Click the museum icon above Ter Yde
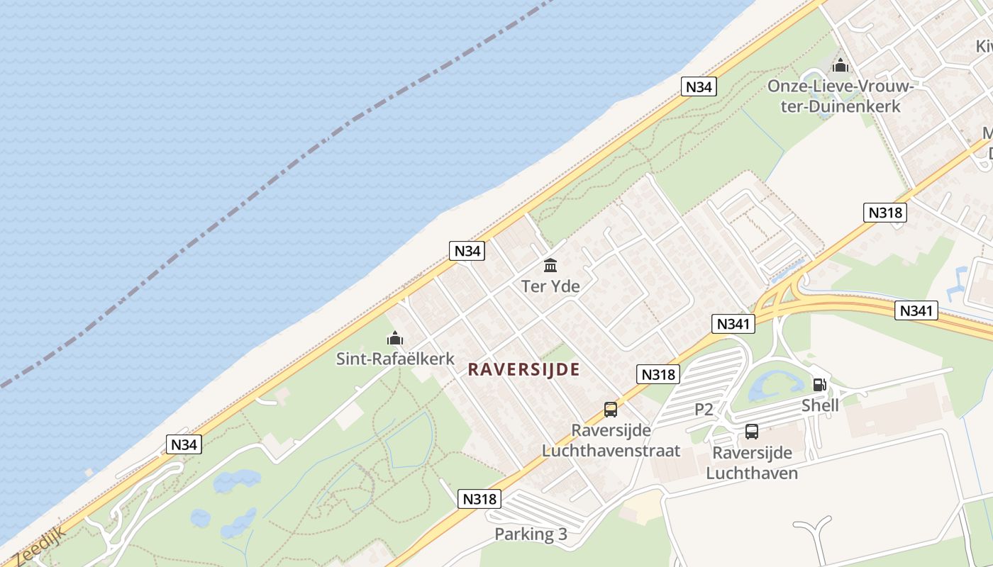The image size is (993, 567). point(550,266)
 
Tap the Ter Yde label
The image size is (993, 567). point(550,286)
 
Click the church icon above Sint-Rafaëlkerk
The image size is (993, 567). point(395,339)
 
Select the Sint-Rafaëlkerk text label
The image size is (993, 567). point(395,359)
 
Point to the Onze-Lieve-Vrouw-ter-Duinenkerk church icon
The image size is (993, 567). point(841,66)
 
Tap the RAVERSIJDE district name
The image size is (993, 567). point(524,369)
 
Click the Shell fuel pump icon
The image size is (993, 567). point(819,385)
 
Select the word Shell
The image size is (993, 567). point(820,405)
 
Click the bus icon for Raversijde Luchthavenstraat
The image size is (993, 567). point(610,409)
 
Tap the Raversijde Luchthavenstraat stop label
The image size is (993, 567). point(611,440)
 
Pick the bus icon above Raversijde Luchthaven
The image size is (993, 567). point(752,431)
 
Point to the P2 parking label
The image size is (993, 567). point(704,409)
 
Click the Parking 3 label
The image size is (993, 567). point(531,534)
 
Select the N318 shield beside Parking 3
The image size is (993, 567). point(479,498)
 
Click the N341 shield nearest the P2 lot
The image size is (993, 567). point(733,324)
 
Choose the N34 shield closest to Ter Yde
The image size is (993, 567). point(467,250)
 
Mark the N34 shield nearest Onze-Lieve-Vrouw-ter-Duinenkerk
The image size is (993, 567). point(699,86)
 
